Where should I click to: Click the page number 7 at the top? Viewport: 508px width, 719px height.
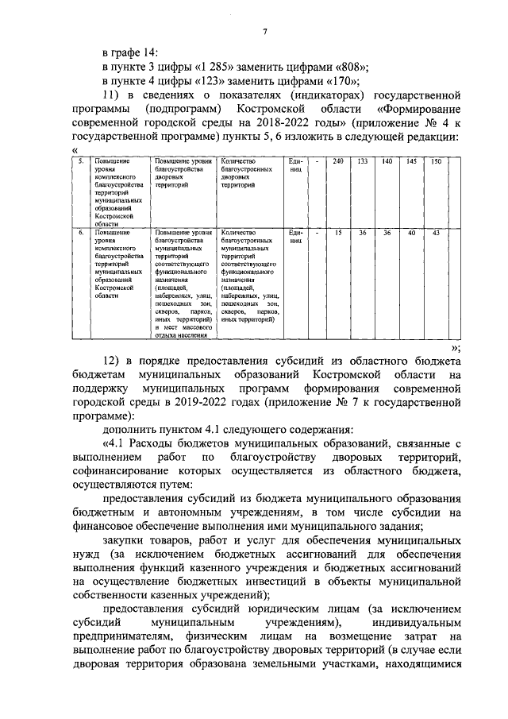coord(266,31)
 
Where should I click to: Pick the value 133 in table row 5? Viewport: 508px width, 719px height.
coord(361,162)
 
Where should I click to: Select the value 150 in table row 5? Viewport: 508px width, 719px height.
coord(435,162)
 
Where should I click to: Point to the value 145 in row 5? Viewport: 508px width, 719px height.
coord(410,162)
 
